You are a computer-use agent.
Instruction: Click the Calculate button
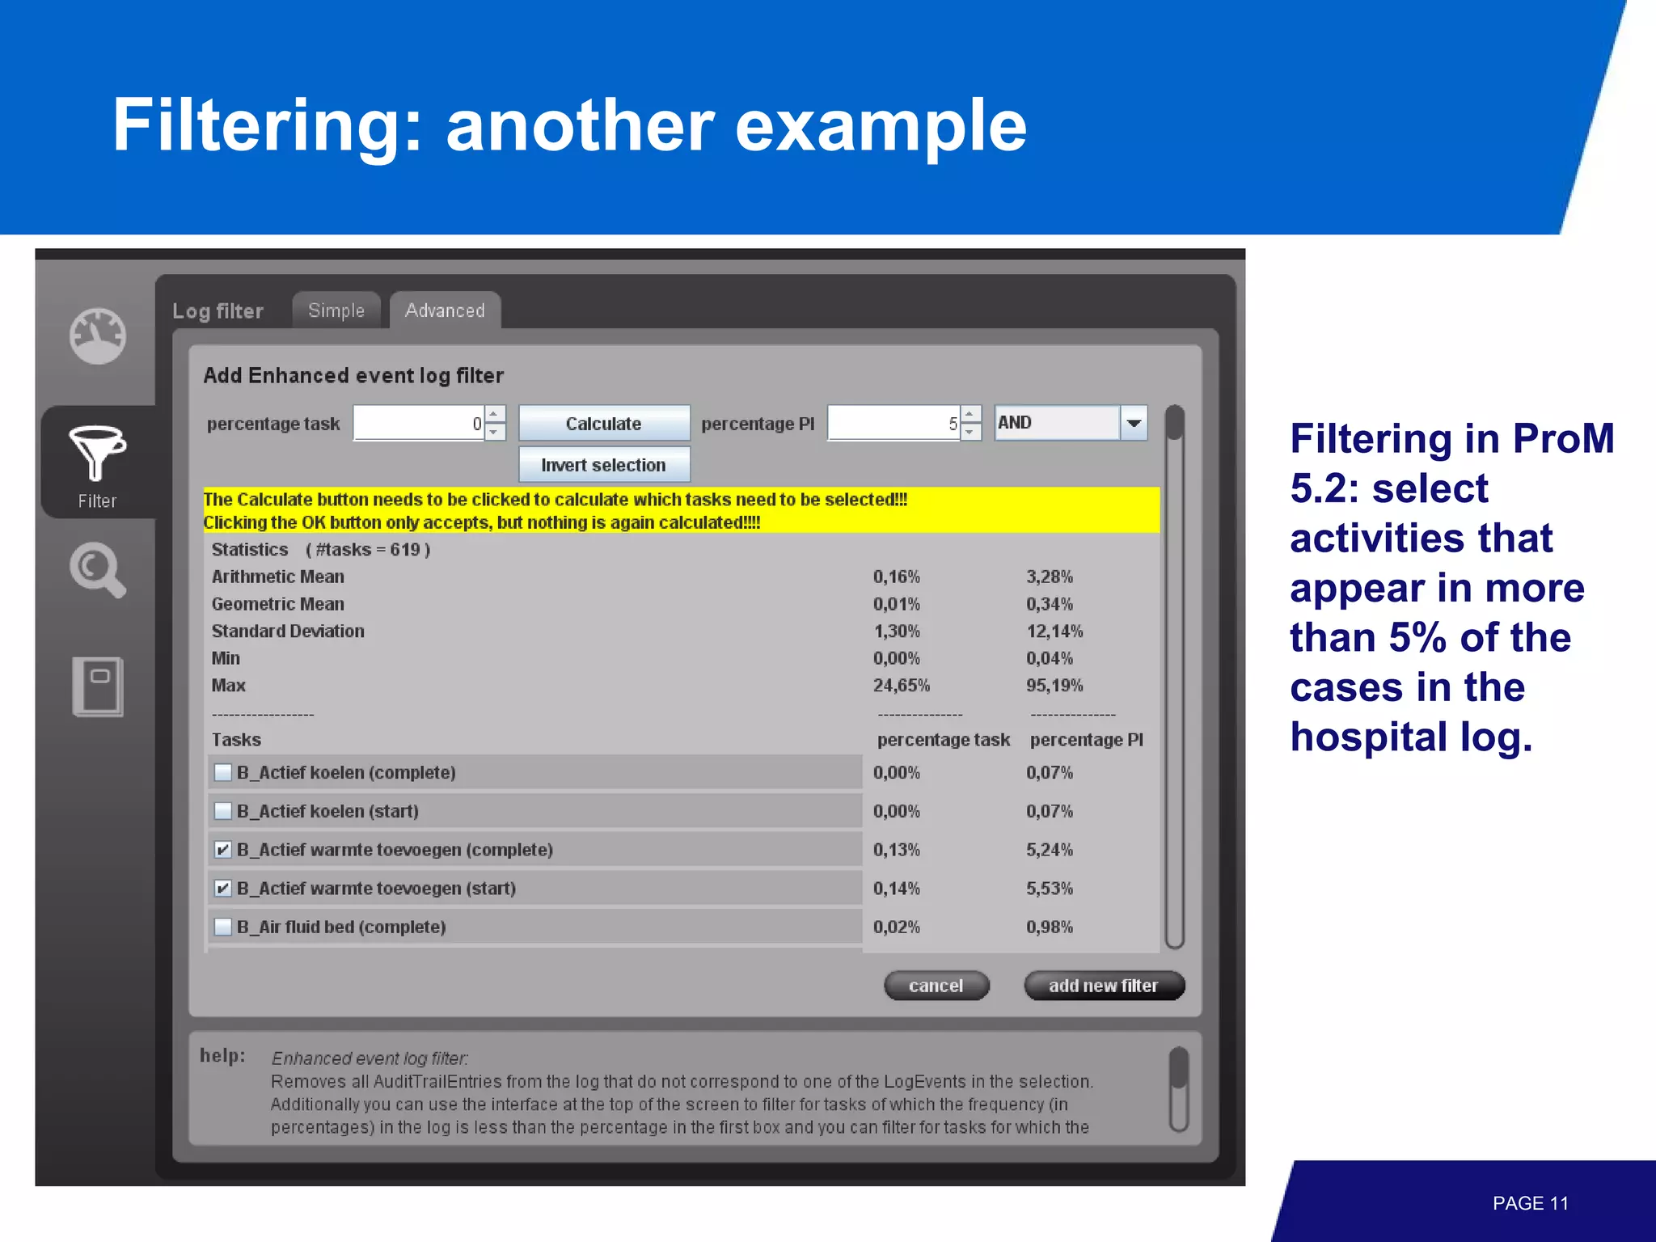[x=603, y=423]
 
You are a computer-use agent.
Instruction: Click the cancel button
[x=936, y=986]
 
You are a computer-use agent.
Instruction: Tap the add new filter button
[x=1104, y=986]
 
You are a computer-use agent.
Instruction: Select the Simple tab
[x=336, y=310]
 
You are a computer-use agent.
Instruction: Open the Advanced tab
[x=445, y=310]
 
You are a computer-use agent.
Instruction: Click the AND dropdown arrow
[x=1134, y=423]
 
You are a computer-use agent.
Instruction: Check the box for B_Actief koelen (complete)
[x=223, y=772]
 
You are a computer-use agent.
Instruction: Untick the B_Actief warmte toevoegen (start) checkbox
[x=223, y=889]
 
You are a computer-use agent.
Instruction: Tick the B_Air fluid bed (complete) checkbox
[x=223, y=927]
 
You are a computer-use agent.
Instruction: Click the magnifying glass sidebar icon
[x=97, y=569]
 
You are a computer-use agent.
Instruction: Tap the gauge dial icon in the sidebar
[x=97, y=336]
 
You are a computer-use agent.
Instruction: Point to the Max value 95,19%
[x=1054, y=686]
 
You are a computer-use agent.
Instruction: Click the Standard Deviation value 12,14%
[x=1054, y=632]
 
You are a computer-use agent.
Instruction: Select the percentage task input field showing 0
[x=419, y=423]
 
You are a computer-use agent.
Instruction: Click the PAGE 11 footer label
[x=1530, y=1203]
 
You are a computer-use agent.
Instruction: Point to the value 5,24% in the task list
[x=1050, y=850]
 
